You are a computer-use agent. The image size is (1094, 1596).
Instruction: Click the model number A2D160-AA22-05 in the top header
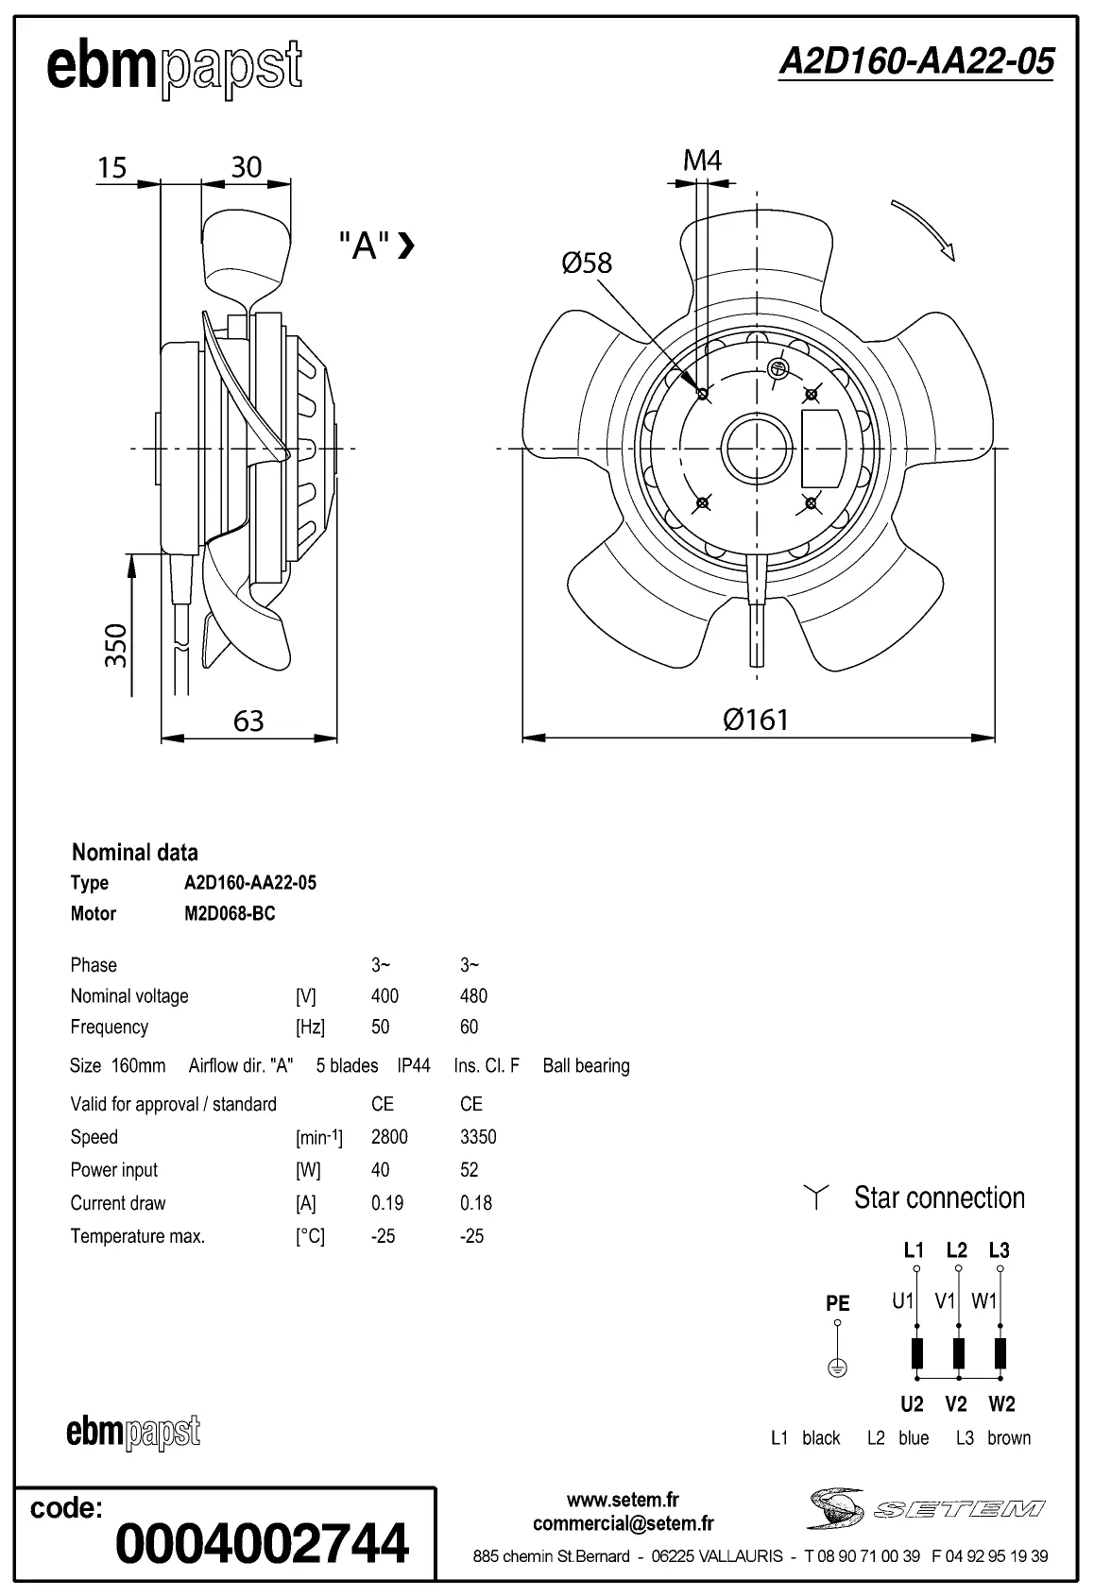coord(915,61)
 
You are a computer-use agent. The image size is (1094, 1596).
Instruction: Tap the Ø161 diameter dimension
coord(755,720)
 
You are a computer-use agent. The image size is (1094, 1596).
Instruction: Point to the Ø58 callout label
coord(587,263)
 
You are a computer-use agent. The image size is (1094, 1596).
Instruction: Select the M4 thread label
coord(702,161)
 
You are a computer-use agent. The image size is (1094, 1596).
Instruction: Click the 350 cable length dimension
coord(115,645)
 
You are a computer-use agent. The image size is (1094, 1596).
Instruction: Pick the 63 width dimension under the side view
coord(248,722)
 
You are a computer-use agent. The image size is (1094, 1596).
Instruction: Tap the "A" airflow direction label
coord(366,246)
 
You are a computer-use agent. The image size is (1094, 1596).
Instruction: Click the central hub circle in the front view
coord(757,448)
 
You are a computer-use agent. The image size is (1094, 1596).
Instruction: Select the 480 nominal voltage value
coord(473,995)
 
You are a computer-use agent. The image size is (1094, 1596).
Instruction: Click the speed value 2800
coord(389,1137)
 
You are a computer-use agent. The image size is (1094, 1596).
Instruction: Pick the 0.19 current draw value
coord(387,1203)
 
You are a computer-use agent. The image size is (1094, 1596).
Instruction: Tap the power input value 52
coord(470,1170)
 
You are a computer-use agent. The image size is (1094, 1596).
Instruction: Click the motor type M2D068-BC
coord(230,913)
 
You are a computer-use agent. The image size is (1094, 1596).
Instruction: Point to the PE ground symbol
coord(837,1367)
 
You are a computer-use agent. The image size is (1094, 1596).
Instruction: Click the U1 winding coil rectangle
coord(916,1353)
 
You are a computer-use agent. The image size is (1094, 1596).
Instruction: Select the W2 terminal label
coord(1001,1404)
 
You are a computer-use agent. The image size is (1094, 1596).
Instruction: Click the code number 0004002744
coord(262,1542)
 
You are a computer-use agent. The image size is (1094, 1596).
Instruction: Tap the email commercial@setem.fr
coord(623,1523)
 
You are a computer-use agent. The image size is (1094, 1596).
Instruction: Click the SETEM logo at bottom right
coord(926,1509)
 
